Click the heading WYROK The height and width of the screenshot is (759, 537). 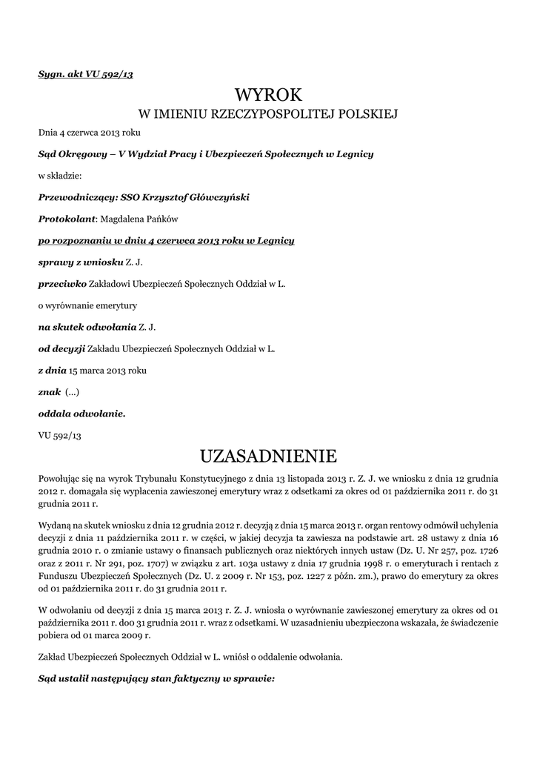tap(268, 95)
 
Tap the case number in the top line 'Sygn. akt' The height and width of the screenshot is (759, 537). tap(110, 74)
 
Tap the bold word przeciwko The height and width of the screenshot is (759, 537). tap(62, 283)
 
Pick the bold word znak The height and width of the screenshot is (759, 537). tap(50, 391)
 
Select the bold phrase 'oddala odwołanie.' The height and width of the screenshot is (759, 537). tap(81, 413)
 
